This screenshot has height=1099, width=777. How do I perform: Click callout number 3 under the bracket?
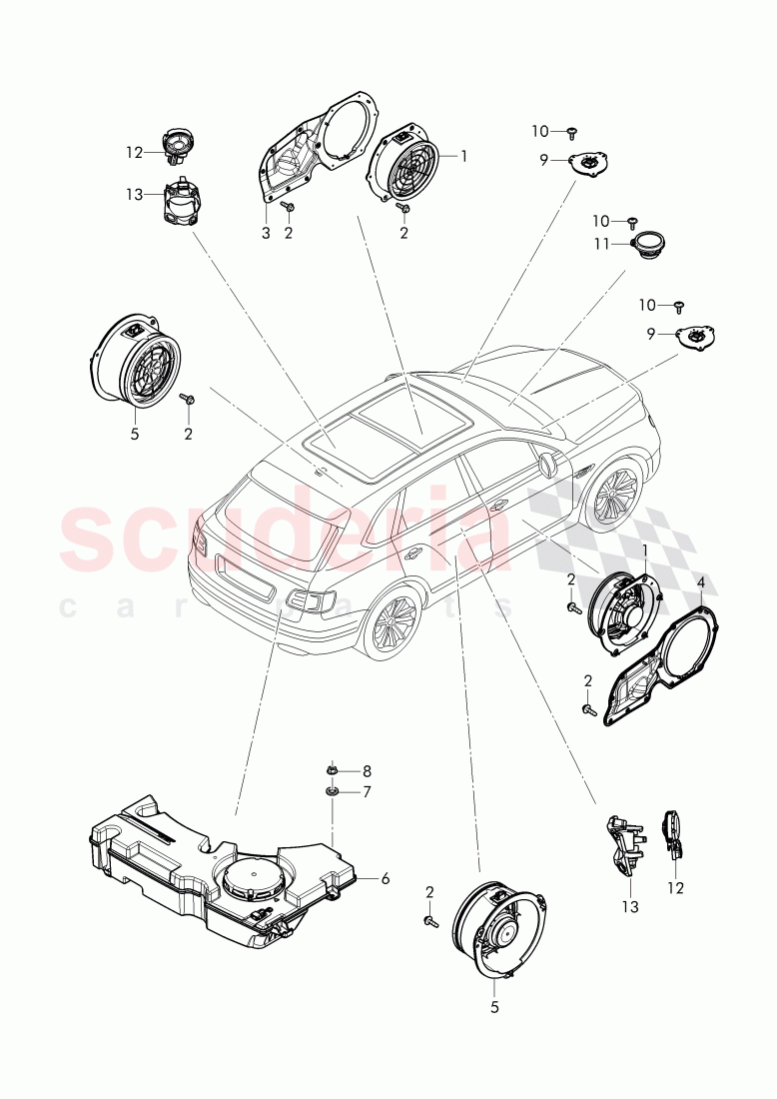click(266, 233)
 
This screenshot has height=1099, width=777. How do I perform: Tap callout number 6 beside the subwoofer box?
click(386, 879)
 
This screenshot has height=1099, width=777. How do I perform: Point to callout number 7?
click(366, 791)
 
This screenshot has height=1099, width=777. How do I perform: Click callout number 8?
click(366, 770)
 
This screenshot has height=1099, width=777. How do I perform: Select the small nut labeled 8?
click(332, 770)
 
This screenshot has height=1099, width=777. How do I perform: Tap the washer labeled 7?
click(332, 791)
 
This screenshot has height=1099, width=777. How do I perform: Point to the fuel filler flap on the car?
click(546, 466)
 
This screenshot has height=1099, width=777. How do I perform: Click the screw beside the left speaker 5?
click(187, 399)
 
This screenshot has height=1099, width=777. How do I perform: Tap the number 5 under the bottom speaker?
click(493, 1008)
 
